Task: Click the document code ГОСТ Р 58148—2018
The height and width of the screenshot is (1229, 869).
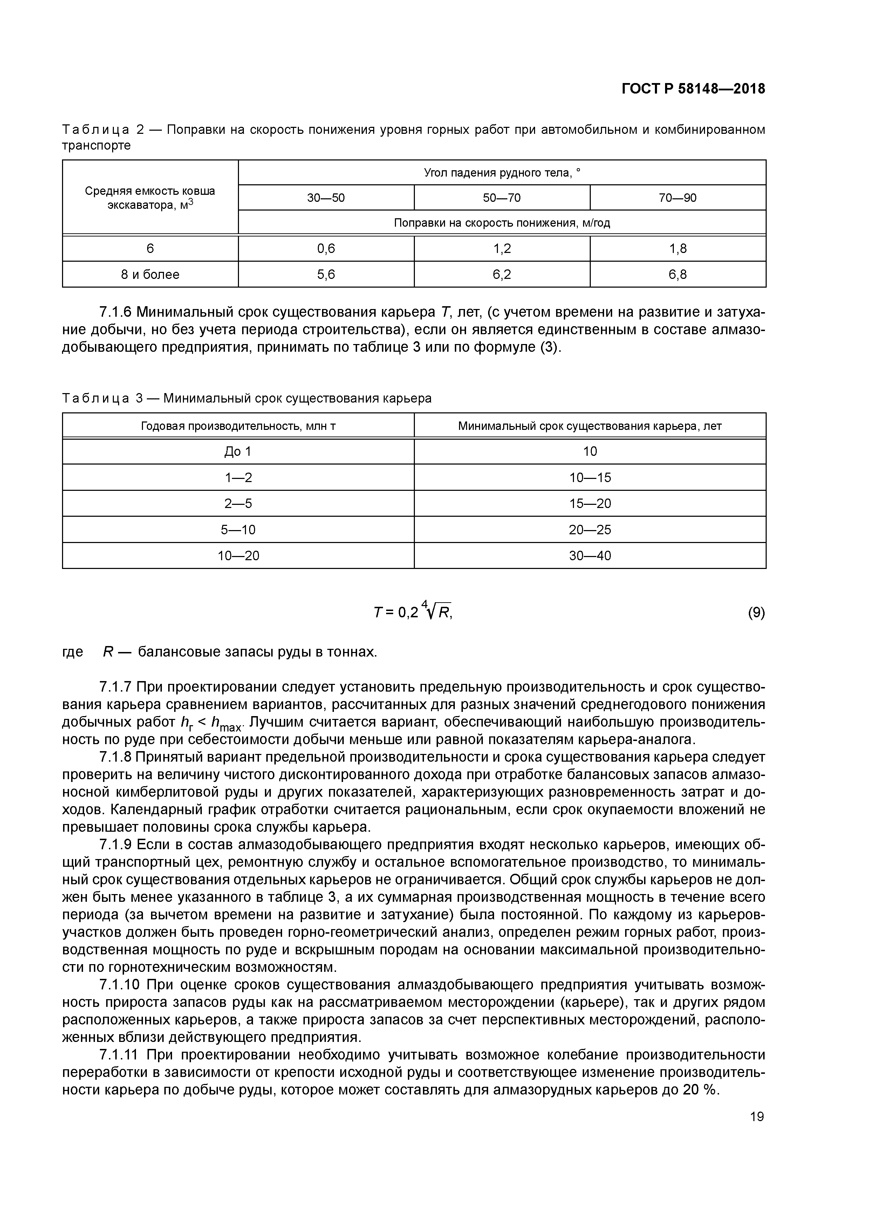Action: click(693, 89)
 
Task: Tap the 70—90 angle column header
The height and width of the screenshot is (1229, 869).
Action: click(677, 198)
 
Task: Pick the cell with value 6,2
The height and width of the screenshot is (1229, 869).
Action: click(502, 275)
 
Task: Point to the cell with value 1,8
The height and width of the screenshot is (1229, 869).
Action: click(677, 248)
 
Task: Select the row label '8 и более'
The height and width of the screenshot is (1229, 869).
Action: click(150, 275)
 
